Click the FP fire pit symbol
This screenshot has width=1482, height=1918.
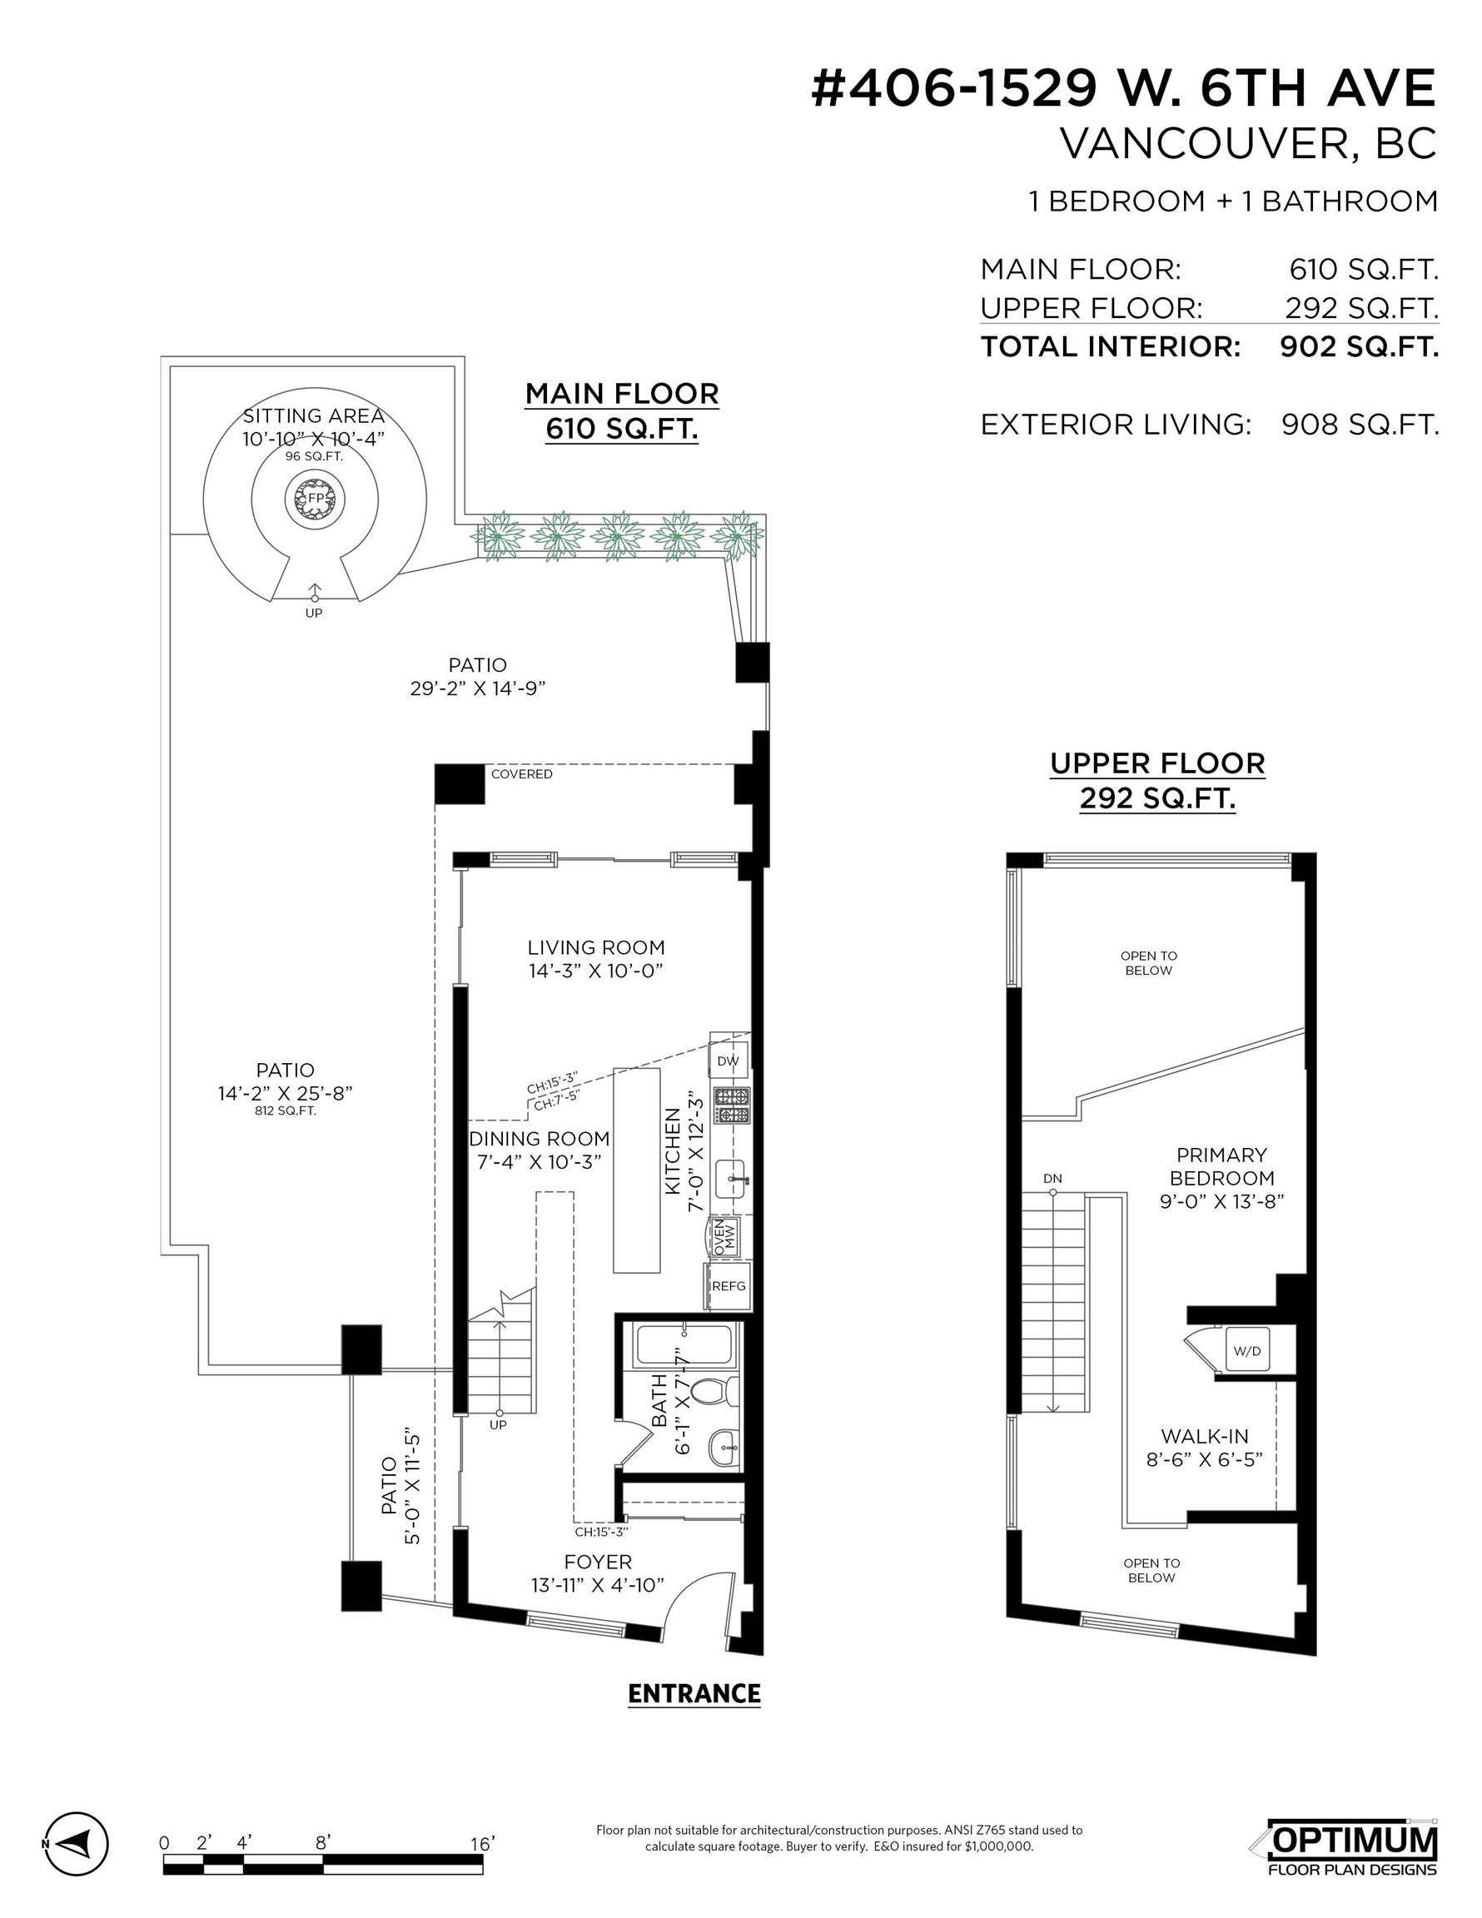coord(315,499)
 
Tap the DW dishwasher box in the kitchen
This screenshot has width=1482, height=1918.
coord(729,1061)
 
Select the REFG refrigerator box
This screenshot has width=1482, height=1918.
coord(729,1285)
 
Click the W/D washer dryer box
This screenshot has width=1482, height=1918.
coord(1246,1351)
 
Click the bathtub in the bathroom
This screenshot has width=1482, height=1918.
coord(683,1346)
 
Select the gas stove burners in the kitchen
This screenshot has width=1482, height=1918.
coord(732,1106)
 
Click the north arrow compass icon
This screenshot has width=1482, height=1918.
coord(76,1843)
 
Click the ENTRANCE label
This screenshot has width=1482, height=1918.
coord(694,1693)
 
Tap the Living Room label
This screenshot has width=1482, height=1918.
coord(595,947)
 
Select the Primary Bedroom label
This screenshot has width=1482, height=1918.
coord(1222,1166)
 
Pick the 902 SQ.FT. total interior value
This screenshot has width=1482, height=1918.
coord(1359,347)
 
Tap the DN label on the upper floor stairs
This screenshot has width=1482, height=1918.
coord(1052,1179)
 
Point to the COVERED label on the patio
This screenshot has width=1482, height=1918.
coord(522,773)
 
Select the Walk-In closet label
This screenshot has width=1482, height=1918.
coord(1205,1436)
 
